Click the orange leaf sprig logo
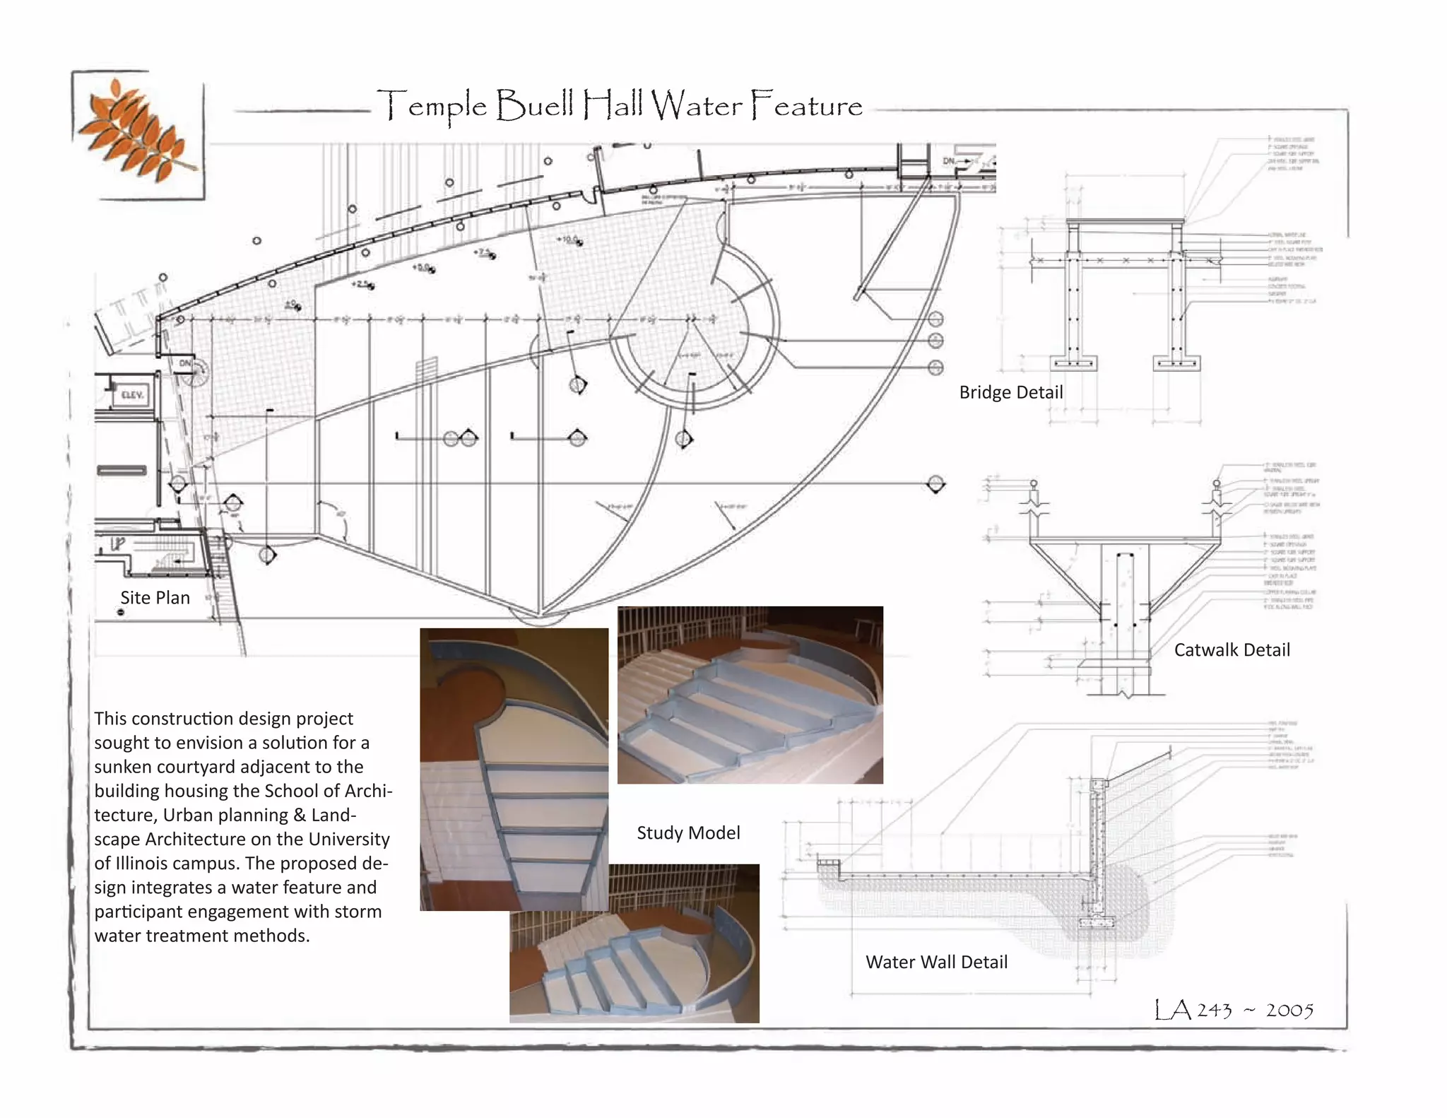pos(138,134)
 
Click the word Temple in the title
pos(432,107)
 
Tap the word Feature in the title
pos(806,106)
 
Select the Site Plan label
pos(155,598)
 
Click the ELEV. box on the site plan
pos(131,395)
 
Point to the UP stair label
pos(117,544)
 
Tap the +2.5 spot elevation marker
pos(362,284)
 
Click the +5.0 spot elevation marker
pos(423,268)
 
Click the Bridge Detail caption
pos(1010,393)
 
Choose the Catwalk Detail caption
pos(1232,650)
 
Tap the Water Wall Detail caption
pos(936,963)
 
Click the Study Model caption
pos(688,833)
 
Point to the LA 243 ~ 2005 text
pos(1234,1010)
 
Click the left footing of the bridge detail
pos(1073,363)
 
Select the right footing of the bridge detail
pos(1176,363)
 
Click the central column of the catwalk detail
pos(1126,615)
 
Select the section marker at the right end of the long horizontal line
pos(935,484)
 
